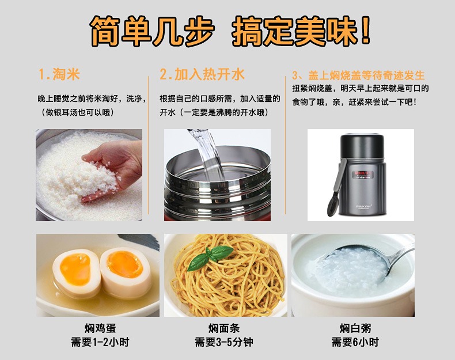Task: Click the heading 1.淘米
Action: coord(59,74)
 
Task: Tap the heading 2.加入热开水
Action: coord(202,74)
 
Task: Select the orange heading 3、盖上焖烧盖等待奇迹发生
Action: coord(358,75)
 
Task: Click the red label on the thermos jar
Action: coord(363,174)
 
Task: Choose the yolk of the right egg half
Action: coord(125,264)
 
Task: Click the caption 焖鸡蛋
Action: coord(100,328)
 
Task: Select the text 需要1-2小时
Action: coord(100,342)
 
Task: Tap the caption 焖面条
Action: coord(224,328)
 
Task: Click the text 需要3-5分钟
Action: coord(224,342)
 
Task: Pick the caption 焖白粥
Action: coord(355,328)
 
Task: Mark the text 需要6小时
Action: coord(355,342)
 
